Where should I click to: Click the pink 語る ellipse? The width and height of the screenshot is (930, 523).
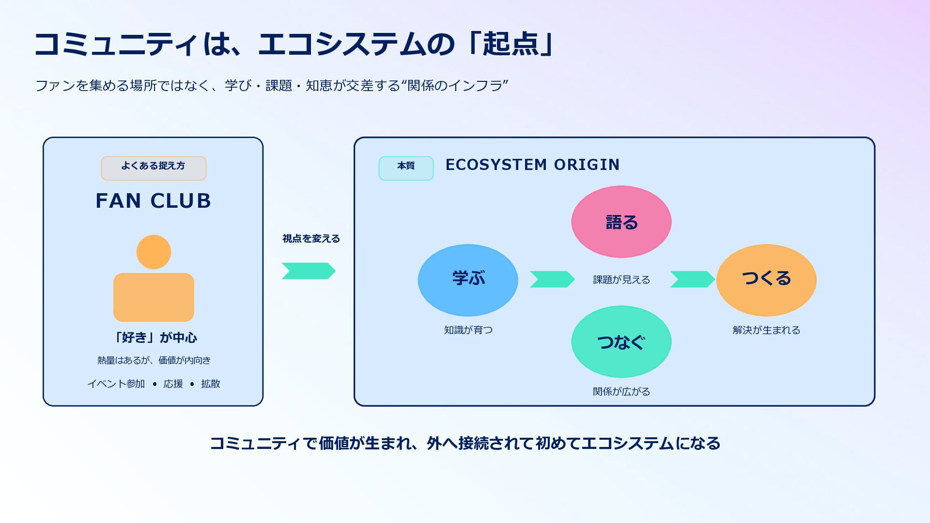621,222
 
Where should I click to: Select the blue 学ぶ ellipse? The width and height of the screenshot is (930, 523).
468,280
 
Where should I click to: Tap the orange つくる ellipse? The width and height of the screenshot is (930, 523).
766,280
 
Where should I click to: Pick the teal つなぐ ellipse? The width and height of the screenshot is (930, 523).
621,341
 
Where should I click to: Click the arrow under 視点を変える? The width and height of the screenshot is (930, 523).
309,271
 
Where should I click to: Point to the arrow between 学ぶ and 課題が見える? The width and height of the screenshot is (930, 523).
552,279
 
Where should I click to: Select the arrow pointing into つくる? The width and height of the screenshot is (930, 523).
693,279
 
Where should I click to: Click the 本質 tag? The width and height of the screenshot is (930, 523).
406,168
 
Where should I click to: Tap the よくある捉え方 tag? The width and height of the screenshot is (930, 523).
154,168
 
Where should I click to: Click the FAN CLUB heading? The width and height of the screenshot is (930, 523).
154,200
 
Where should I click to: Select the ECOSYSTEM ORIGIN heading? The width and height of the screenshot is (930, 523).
532,165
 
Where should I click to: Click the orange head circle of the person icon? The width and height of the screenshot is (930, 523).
154,252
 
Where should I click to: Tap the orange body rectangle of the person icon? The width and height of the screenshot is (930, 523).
154,297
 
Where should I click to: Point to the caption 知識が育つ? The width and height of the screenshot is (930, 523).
468,330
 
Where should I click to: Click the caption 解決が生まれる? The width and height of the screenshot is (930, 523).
766,330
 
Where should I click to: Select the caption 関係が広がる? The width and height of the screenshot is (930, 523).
621,391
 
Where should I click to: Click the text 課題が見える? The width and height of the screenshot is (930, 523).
621,280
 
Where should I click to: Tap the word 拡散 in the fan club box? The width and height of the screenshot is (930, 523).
211,384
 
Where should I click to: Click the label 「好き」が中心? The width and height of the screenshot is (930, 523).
154,338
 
